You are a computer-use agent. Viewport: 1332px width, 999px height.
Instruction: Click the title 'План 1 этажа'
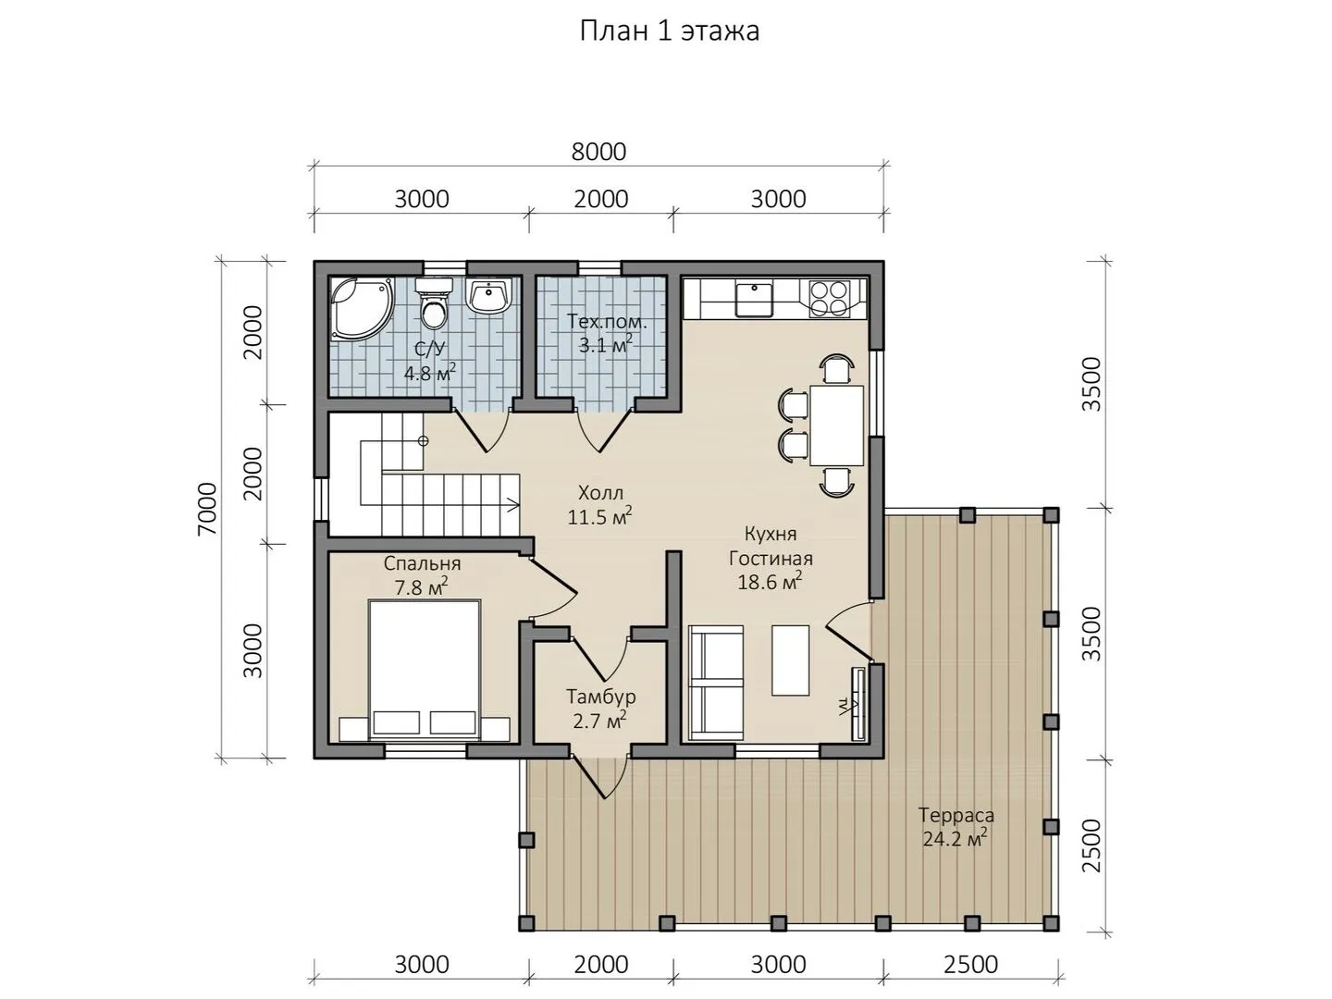click(x=669, y=31)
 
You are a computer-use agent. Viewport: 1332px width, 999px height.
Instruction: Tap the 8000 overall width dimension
click(x=598, y=152)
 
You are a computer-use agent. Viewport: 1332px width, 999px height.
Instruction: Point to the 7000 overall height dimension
click(x=207, y=509)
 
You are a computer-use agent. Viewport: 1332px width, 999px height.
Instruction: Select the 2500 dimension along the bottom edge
click(x=971, y=965)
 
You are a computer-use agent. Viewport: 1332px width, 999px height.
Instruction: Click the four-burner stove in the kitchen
click(x=829, y=298)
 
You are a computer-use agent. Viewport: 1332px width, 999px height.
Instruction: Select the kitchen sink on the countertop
click(x=754, y=299)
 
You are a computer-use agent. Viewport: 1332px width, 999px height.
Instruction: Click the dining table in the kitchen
click(x=836, y=425)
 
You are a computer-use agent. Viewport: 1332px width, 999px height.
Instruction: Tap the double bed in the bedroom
click(x=425, y=670)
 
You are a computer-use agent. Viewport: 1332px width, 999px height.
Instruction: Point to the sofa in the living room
click(x=716, y=683)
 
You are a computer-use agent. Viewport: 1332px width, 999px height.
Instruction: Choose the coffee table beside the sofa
click(x=790, y=660)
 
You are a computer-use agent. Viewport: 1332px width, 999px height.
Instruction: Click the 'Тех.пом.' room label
click(x=607, y=322)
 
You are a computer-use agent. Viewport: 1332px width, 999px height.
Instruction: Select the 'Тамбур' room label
click(x=600, y=697)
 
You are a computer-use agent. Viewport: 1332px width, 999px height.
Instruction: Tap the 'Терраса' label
click(x=956, y=815)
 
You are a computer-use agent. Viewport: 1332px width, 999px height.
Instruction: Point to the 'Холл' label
click(x=600, y=492)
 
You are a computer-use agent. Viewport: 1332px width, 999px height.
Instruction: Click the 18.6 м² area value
click(x=770, y=583)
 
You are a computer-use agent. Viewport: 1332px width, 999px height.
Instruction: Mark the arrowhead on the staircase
click(x=513, y=504)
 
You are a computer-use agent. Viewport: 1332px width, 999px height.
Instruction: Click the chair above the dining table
click(x=837, y=368)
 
